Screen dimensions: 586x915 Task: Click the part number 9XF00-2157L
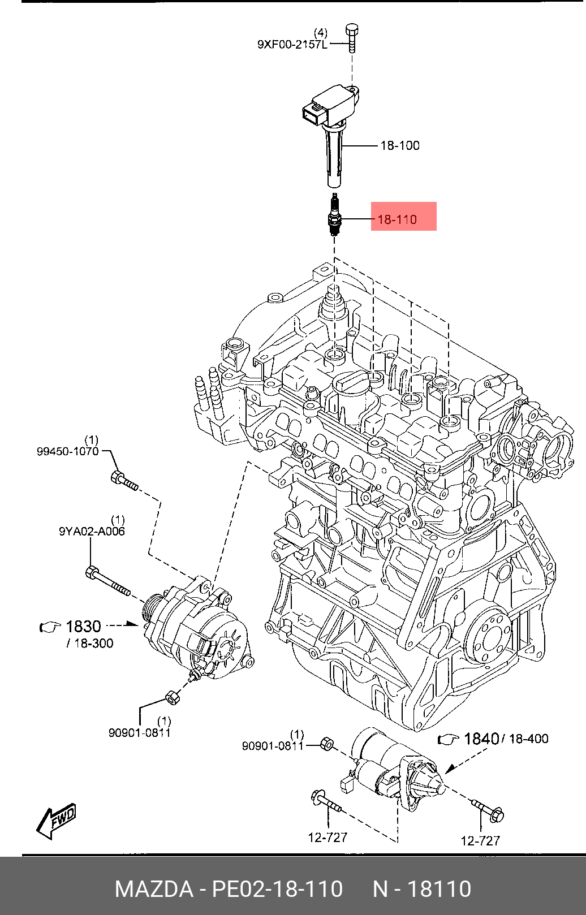292,45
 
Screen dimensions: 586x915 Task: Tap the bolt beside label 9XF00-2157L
351,38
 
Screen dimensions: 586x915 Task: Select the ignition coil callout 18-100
400,145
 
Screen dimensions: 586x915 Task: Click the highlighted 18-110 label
404,217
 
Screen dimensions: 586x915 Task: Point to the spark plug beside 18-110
334,214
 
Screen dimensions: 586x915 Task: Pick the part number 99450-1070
68,451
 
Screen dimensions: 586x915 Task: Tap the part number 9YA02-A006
92,532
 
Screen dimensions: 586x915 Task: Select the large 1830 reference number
83,627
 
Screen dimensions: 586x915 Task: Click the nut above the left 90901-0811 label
171,697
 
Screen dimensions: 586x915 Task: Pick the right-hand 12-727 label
480,841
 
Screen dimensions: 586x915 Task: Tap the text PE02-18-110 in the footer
277,889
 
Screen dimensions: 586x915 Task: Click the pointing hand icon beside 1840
449,739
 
